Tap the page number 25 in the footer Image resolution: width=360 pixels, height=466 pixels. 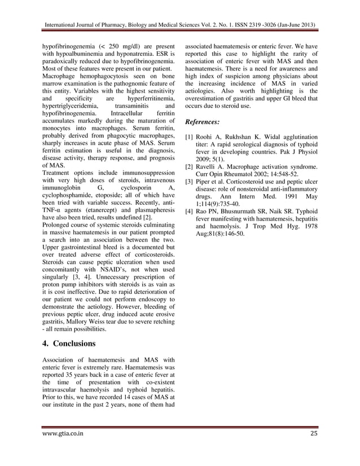pyautogui.click(x=314, y=433)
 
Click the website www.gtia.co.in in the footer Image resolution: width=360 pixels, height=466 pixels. pyautogui.click(x=64, y=433)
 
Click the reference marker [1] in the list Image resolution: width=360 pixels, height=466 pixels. pyautogui.click(x=190, y=137)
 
